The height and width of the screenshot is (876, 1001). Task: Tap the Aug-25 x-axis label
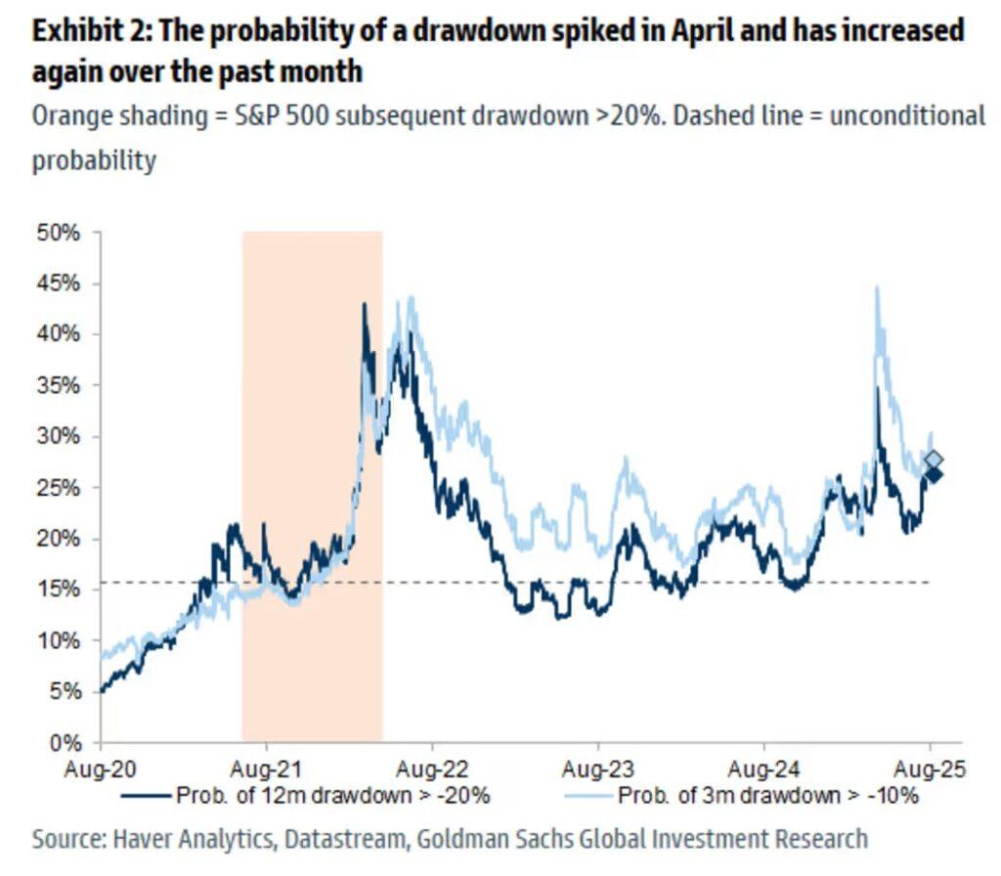930,768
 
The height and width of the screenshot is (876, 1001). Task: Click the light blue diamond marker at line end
934,460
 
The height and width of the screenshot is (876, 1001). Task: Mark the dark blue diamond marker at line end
934,474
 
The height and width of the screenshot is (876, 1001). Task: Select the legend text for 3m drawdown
767,796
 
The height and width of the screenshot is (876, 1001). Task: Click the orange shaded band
312,489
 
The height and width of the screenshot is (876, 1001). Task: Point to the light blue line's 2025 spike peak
877,287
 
